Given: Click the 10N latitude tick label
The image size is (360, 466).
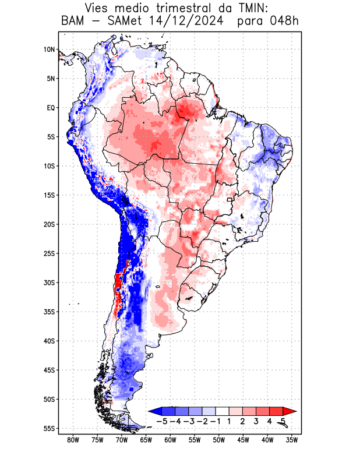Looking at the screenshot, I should pos(49,50).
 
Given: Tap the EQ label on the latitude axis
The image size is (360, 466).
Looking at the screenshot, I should pos(51,108).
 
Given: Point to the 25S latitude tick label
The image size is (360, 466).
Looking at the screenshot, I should pos(49,253).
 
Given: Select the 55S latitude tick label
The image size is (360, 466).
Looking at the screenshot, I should pos(49,429).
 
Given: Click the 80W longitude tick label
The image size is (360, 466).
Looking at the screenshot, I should pos(73,440).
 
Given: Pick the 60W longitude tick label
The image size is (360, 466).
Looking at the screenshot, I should pos(170,440).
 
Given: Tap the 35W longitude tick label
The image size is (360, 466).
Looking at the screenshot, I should pos(292,440).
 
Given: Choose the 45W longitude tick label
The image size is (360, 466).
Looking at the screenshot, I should pos(243,440).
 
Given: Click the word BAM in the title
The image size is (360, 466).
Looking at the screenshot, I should pos(73,22).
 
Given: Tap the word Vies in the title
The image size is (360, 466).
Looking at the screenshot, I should pos(99,8).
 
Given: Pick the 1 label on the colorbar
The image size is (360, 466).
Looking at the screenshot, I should pos(230,421).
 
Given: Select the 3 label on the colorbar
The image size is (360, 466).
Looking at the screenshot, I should pos(256,421).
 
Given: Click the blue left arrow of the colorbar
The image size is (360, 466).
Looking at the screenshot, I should pos(153,411).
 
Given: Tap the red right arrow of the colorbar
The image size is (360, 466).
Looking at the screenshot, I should pos(292,411).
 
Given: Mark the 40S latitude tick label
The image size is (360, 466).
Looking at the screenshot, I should pos(49,341).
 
